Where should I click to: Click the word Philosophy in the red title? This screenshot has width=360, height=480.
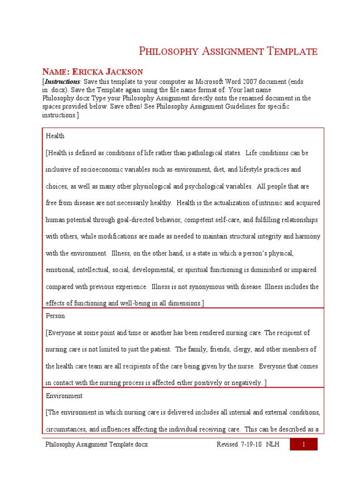165,52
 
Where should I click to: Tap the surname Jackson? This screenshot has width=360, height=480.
127,72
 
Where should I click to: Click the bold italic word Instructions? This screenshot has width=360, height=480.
62,82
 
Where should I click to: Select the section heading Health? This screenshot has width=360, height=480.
55,136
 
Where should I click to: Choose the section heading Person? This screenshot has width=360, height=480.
55,316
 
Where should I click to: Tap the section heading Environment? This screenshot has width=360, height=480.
64,396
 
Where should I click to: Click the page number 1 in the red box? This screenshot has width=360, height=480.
303,444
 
